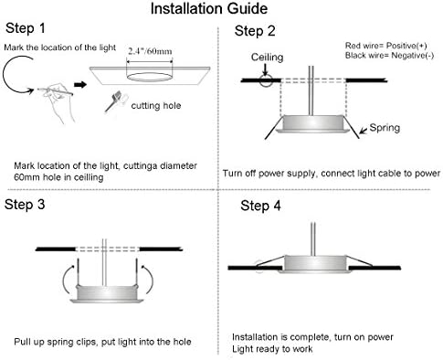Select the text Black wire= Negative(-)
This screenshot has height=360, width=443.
[382, 56]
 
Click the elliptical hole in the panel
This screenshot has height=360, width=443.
[148, 76]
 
